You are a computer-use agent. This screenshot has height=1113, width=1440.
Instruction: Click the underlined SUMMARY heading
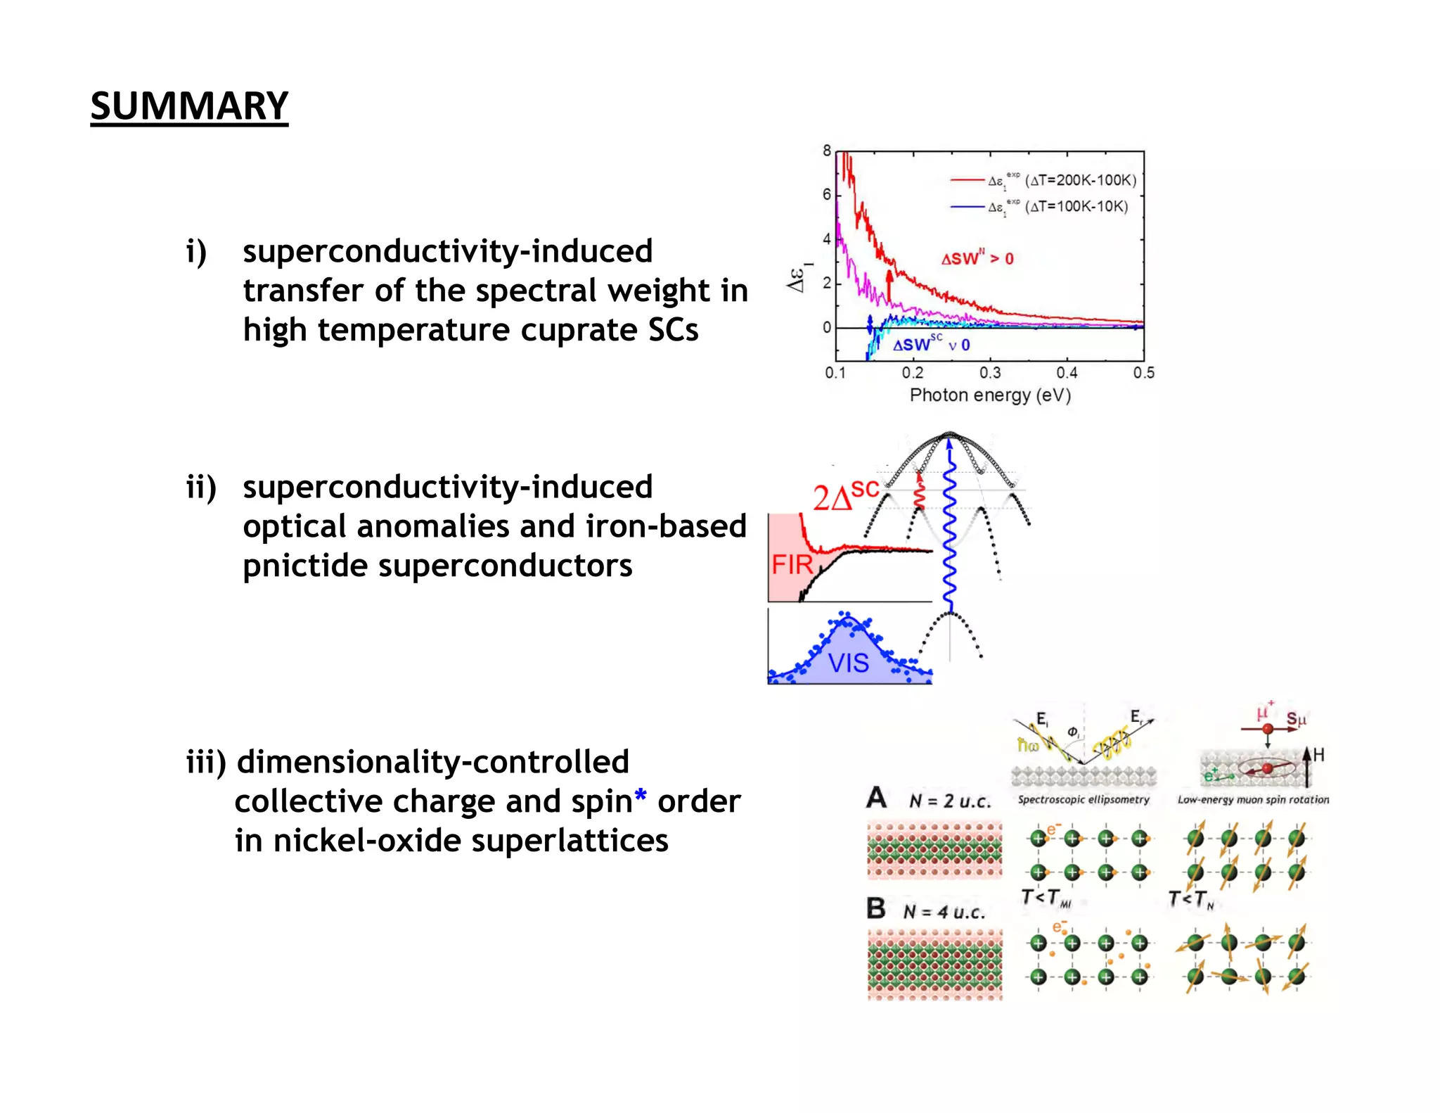pyautogui.click(x=189, y=106)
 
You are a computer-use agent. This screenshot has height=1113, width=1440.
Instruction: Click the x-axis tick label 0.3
pyautogui.click(x=989, y=373)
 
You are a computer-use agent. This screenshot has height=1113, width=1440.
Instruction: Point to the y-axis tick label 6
pyautogui.click(x=827, y=194)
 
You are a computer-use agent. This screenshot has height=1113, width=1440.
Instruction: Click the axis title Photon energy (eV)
pyautogui.click(x=989, y=395)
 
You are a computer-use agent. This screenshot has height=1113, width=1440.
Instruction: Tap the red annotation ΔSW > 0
pyautogui.click(x=977, y=259)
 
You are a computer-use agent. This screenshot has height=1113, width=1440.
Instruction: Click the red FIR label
pyautogui.click(x=792, y=565)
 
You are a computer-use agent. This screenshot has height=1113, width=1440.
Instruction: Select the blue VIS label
pyautogui.click(x=848, y=663)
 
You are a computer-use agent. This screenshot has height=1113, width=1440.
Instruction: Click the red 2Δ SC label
pyautogui.click(x=846, y=497)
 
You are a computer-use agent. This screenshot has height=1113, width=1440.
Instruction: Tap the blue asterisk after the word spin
pyautogui.click(x=641, y=796)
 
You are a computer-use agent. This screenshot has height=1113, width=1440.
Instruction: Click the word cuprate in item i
pyautogui.click(x=580, y=330)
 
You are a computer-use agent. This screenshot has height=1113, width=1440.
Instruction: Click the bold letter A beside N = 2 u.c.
pyautogui.click(x=876, y=798)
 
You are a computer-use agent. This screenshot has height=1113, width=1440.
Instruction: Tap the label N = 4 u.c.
pyautogui.click(x=944, y=912)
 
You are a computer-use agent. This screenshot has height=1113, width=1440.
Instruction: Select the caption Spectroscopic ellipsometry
pyautogui.click(x=1083, y=800)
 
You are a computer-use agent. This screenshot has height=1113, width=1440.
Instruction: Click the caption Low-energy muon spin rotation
pyautogui.click(x=1253, y=800)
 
